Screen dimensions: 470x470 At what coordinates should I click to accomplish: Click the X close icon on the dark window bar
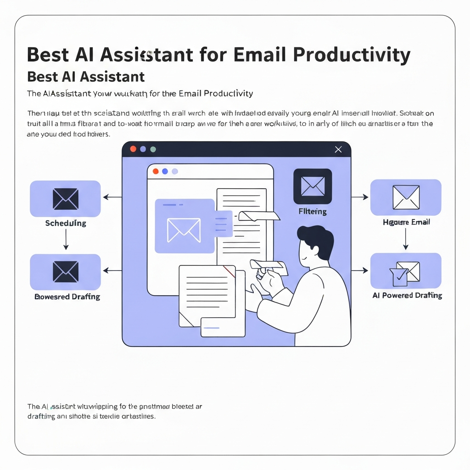(339, 149)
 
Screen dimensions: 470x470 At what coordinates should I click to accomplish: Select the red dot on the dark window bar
(134, 149)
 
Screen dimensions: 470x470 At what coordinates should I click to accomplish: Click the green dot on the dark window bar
(153, 149)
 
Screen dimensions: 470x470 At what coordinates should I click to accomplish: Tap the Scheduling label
(66, 224)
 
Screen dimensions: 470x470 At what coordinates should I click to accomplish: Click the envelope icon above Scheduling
(66, 199)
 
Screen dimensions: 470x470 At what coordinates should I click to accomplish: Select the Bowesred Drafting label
(67, 297)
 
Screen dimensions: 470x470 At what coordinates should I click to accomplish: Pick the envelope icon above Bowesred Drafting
(66, 272)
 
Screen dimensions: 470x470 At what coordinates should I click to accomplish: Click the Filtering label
(313, 212)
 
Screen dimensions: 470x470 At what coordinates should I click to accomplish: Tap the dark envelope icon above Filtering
(313, 186)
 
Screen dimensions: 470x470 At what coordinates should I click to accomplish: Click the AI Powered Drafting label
(407, 296)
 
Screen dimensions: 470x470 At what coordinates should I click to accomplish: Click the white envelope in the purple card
(184, 229)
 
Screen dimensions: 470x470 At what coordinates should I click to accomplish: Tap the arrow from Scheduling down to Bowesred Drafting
(66, 239)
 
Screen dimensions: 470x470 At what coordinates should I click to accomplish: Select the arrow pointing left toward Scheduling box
(112, 197)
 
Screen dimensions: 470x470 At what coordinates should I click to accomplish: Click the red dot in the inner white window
(156, 171)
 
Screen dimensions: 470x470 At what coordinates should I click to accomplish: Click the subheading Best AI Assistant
(86, 76)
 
